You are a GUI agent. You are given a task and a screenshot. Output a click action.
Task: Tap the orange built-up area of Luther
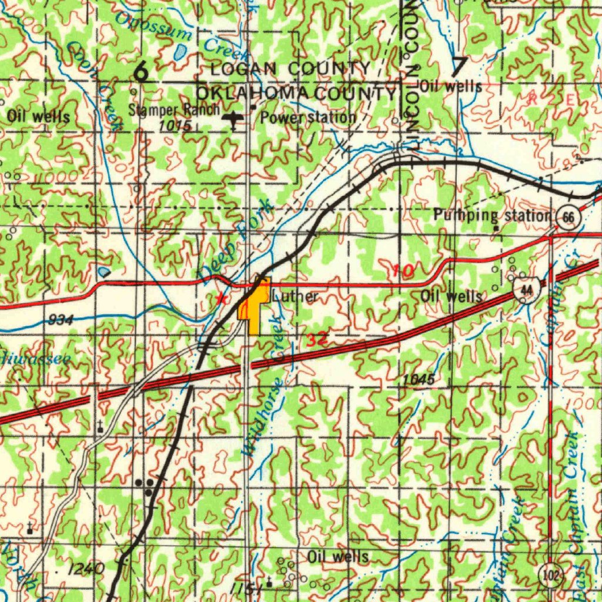[253, 309]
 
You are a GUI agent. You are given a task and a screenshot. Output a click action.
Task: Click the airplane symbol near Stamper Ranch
[234, 119]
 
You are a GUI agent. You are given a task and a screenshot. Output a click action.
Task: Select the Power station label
[308, 117]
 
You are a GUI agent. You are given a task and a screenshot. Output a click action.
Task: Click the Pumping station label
[491, 215]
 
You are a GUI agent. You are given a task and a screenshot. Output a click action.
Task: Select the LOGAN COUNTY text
[290, 69]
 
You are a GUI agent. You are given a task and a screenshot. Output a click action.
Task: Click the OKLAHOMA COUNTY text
[296, 93]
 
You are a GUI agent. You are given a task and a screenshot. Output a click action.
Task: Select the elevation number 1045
[419, 380]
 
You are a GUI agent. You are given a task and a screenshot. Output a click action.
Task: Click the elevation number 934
[61, 320]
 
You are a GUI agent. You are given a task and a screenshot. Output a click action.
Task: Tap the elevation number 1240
[85, 568]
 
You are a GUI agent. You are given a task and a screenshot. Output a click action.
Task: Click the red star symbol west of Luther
[220, 298]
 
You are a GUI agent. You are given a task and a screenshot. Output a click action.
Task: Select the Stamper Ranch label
[173, 110]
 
